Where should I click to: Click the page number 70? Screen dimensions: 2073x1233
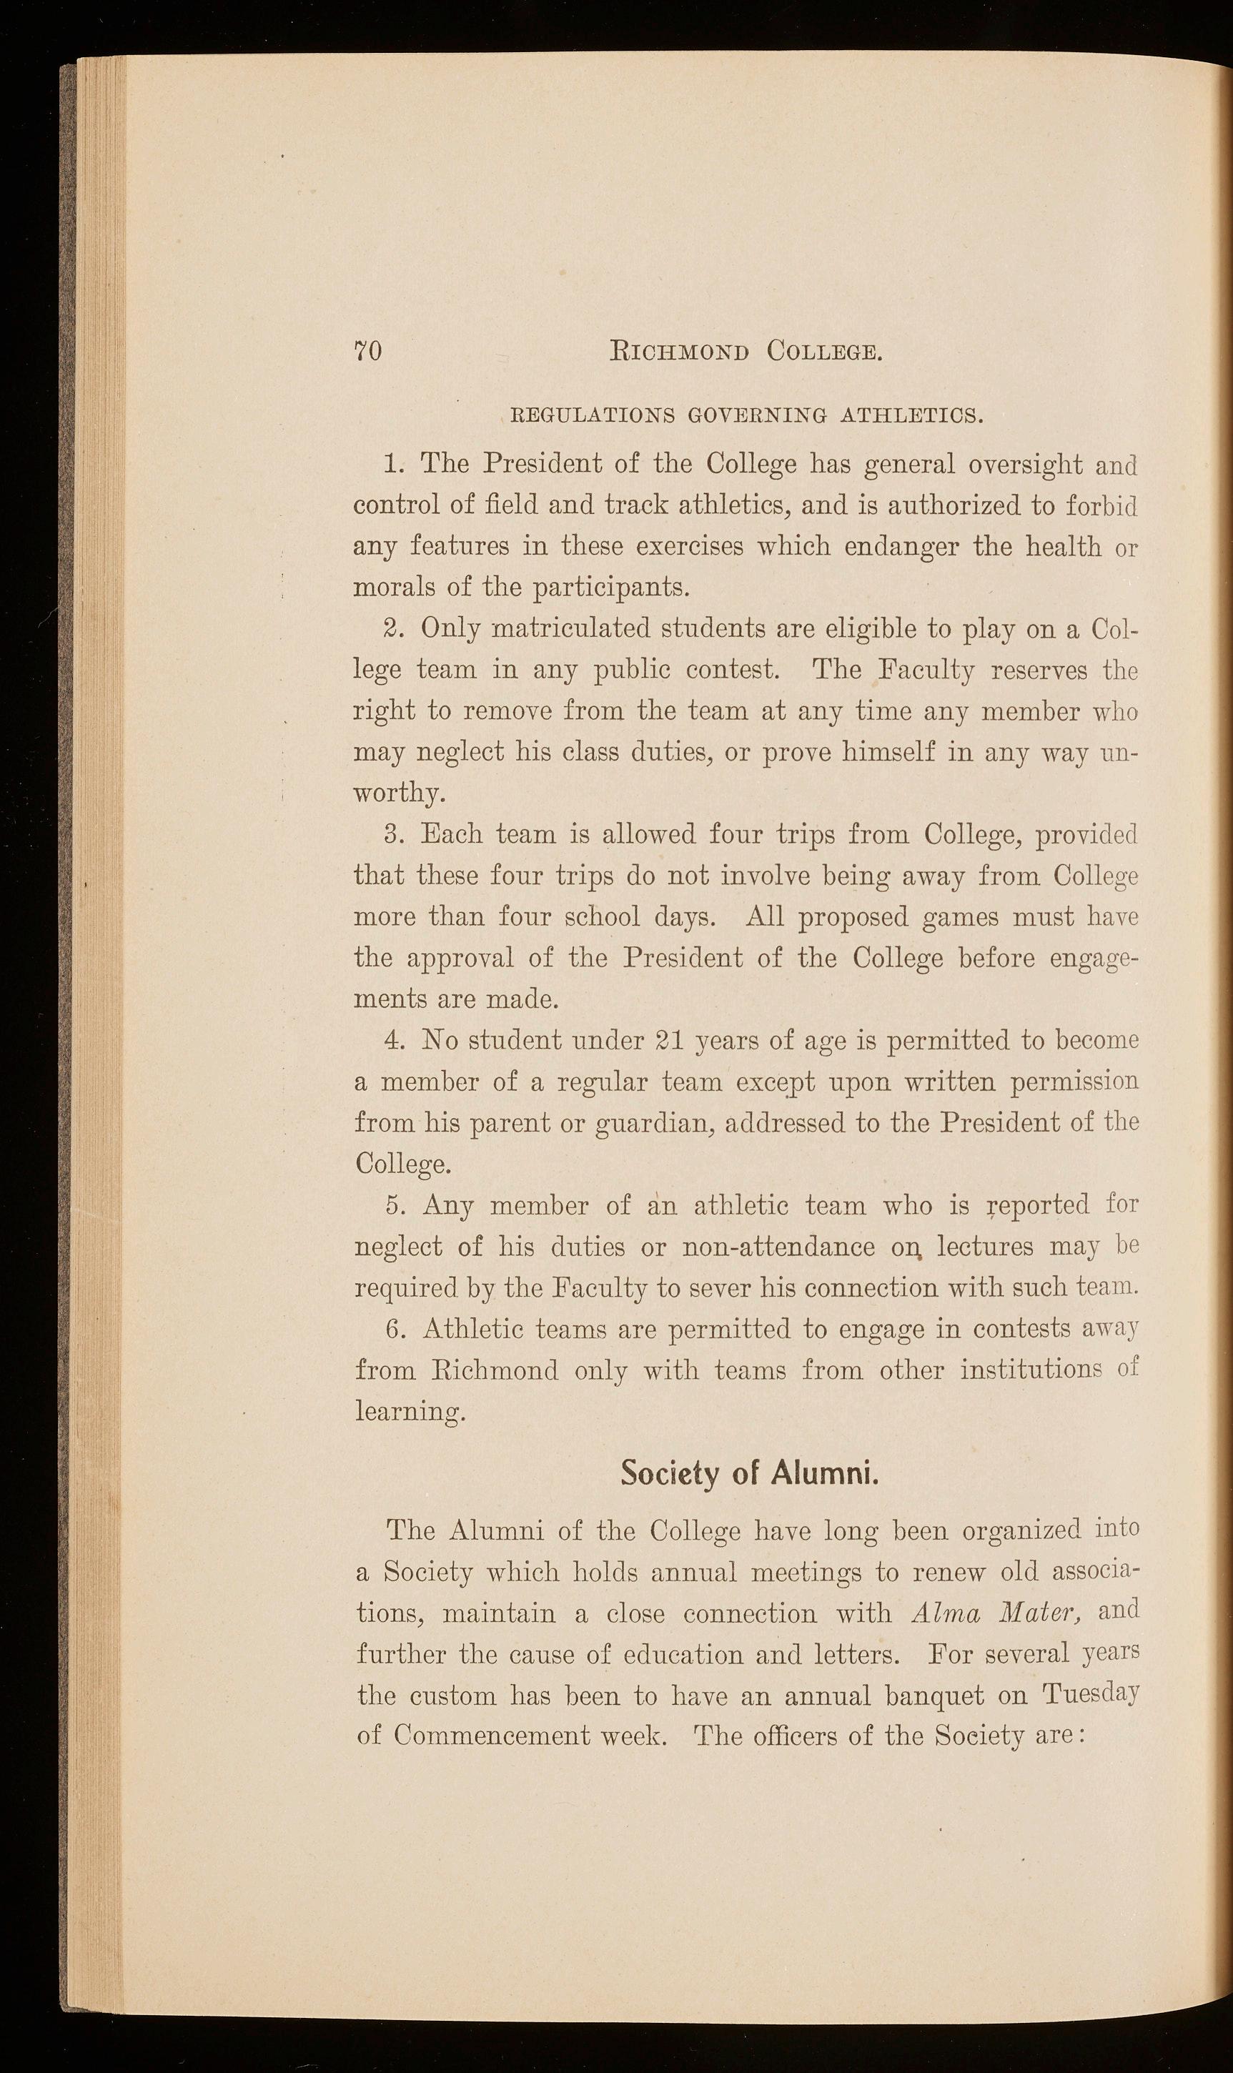click(x=368, y=352)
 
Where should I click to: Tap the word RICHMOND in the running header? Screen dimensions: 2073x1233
click(x=680, y=352)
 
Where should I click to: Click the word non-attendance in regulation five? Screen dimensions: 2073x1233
click(x=778, y=1248)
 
